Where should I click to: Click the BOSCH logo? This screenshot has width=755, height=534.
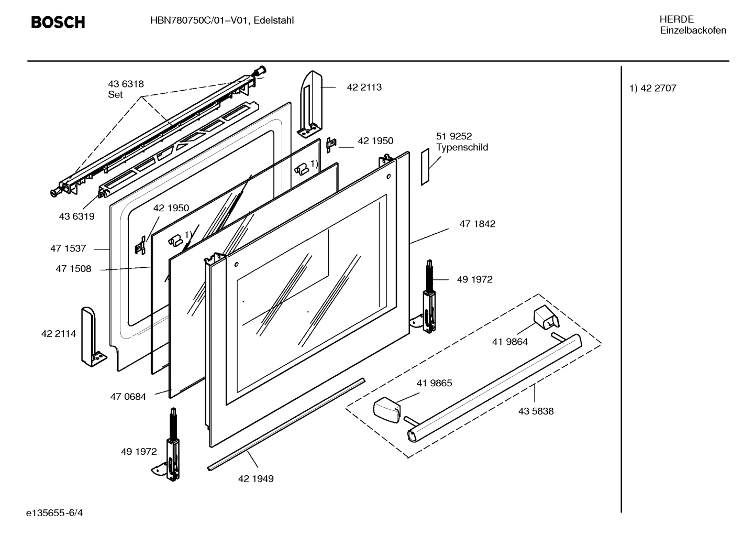(58, 22)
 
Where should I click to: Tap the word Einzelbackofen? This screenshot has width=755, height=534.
(693, 30)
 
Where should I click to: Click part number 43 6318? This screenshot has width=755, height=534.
(126, 84)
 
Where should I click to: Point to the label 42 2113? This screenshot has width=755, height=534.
(364, 88)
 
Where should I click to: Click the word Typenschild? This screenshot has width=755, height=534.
(462, 147)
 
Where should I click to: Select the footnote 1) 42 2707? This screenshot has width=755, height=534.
(652, 89)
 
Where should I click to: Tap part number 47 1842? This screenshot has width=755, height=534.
(477, 224)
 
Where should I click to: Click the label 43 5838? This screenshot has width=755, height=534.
(536, 411)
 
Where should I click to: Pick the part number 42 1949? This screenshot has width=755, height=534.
(256, 478)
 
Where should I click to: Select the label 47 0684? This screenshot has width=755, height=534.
(128, 397)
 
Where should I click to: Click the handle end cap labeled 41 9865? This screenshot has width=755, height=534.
(386, 408)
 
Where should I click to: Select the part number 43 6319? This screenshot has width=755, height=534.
(76, 216)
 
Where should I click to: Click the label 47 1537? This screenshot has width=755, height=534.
(68, 248)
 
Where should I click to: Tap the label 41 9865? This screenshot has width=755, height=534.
(434, 383)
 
